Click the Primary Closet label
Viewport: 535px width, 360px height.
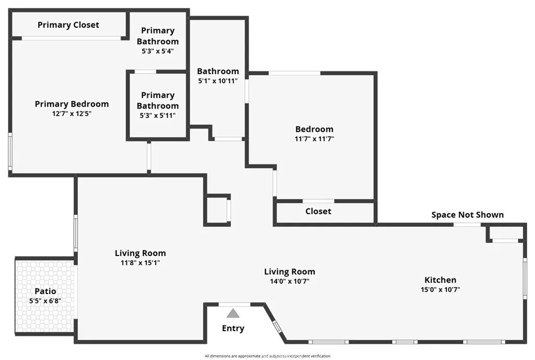pos(68,25)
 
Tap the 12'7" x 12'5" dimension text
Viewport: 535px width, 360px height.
pos(72,113)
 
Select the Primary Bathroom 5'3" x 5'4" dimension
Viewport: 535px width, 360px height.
pos(158,51)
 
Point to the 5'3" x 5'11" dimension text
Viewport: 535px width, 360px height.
pos(158,115)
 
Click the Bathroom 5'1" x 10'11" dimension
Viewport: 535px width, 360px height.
pos(218,81)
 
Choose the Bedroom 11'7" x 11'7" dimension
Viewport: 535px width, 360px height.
pos(314,139)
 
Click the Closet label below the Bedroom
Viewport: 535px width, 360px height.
pos(318,211)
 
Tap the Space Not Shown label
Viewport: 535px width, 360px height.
pos(468,215)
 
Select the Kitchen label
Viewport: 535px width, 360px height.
pos(440,280)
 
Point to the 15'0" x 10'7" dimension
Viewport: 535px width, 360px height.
pos(440,289)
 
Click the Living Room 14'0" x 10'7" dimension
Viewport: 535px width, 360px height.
pos(289,281)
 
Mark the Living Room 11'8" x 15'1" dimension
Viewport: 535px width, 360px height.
pos(141,263)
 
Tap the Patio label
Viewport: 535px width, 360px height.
pos(45,291)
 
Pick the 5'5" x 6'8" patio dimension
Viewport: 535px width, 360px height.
pos(45,300)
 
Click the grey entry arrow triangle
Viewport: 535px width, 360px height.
pos(233,313)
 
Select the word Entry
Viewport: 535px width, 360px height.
pos(233,329)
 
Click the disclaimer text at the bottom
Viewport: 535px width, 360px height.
pos(267,356)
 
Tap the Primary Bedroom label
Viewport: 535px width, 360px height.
pos(72,104)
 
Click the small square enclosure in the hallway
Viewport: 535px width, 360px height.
pos(217,210)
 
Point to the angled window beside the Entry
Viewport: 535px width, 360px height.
pos(277,327)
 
